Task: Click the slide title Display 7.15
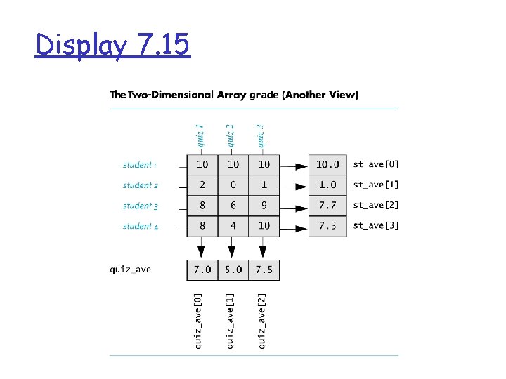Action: click(x=112, y=46)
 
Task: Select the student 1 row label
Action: click(x=140, y=165)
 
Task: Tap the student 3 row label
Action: click(x=140, y=206)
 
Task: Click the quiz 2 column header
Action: click(x=230, y=135)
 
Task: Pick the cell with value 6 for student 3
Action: click(x=233, y=206)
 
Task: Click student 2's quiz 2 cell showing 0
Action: click(x=233, y=185)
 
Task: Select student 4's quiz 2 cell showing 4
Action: click(x=233, y=226)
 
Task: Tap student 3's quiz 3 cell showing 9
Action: click(x=264, y=206)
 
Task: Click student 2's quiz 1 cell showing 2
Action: click(x=202, y=185)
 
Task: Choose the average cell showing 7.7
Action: click(x=327, y=206)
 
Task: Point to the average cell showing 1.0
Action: click(x=327, y=185)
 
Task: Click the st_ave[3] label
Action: click(x=375, y=226)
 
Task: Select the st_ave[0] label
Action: click(x=375, y=165)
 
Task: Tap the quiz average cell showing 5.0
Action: click(x=233, y=270)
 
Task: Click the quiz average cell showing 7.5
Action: click(x=264, y=270)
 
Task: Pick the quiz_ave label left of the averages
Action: click(x=131, y=269)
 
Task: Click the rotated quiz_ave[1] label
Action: click(x=231, y=321)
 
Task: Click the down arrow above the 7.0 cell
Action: click(x=202, y=248)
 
